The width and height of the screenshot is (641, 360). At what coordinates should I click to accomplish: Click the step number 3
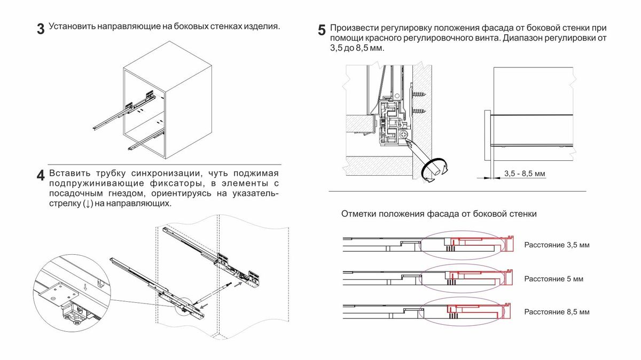(41, 29)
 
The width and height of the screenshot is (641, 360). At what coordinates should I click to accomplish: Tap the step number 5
(322, 30)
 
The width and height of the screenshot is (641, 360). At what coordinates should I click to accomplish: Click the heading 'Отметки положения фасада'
(439, 214)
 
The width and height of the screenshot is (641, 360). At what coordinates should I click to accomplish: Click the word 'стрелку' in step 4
(65, 204)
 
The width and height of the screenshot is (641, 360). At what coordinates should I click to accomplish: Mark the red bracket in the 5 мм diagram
(478, 274)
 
